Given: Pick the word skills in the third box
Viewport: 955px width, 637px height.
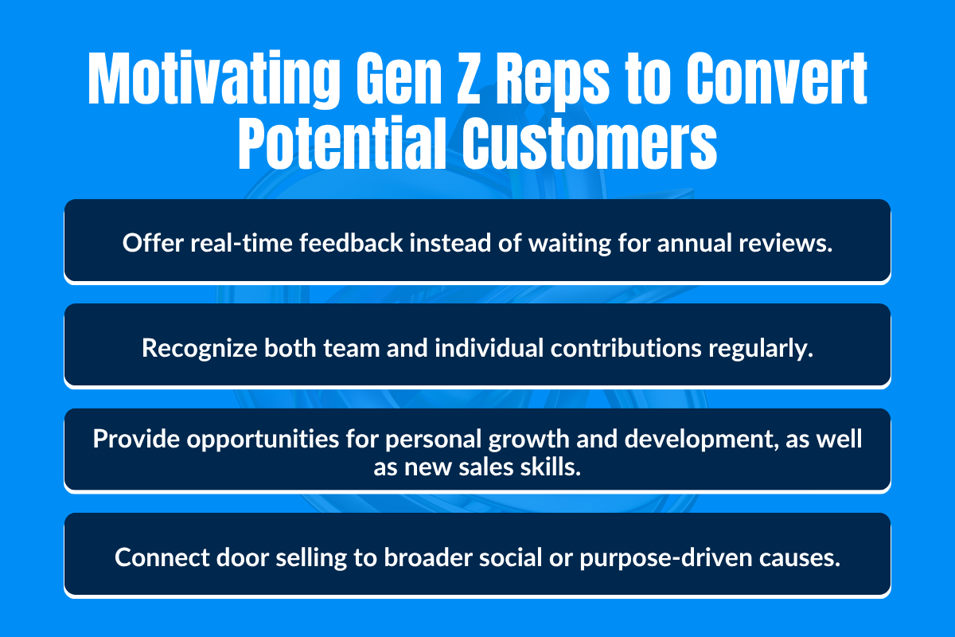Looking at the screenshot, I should [x=555, y=467].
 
